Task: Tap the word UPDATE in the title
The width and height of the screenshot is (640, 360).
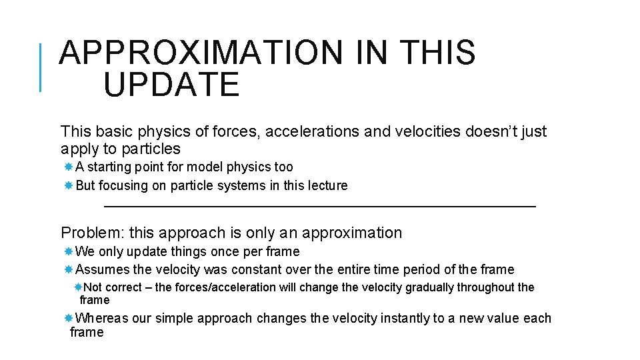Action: click(171, 85)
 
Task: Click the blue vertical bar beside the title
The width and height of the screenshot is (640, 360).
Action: click(41, 67)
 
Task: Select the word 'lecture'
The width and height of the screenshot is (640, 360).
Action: click(327, 185)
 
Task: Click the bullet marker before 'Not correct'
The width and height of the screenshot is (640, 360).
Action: click(78, 287)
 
